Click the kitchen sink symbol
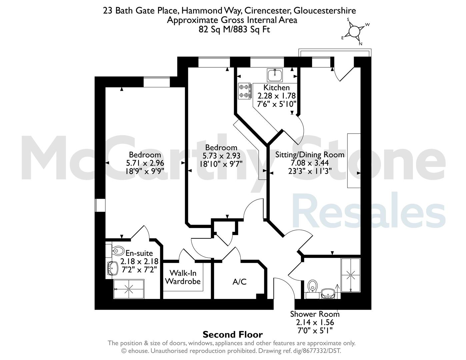275,75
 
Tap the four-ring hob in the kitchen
245,91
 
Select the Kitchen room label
276,87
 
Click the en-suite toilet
115,251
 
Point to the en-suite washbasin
112,268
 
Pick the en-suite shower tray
129,289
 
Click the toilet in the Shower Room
312,289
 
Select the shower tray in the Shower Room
350,275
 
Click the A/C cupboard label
240,282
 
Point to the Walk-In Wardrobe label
183,277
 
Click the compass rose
354,32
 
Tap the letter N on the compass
360,44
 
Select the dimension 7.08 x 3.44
310,163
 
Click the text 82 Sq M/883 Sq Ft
234,29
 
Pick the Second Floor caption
233,335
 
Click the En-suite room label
139,253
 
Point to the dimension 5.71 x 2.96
145,163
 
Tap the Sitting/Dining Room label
310,155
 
